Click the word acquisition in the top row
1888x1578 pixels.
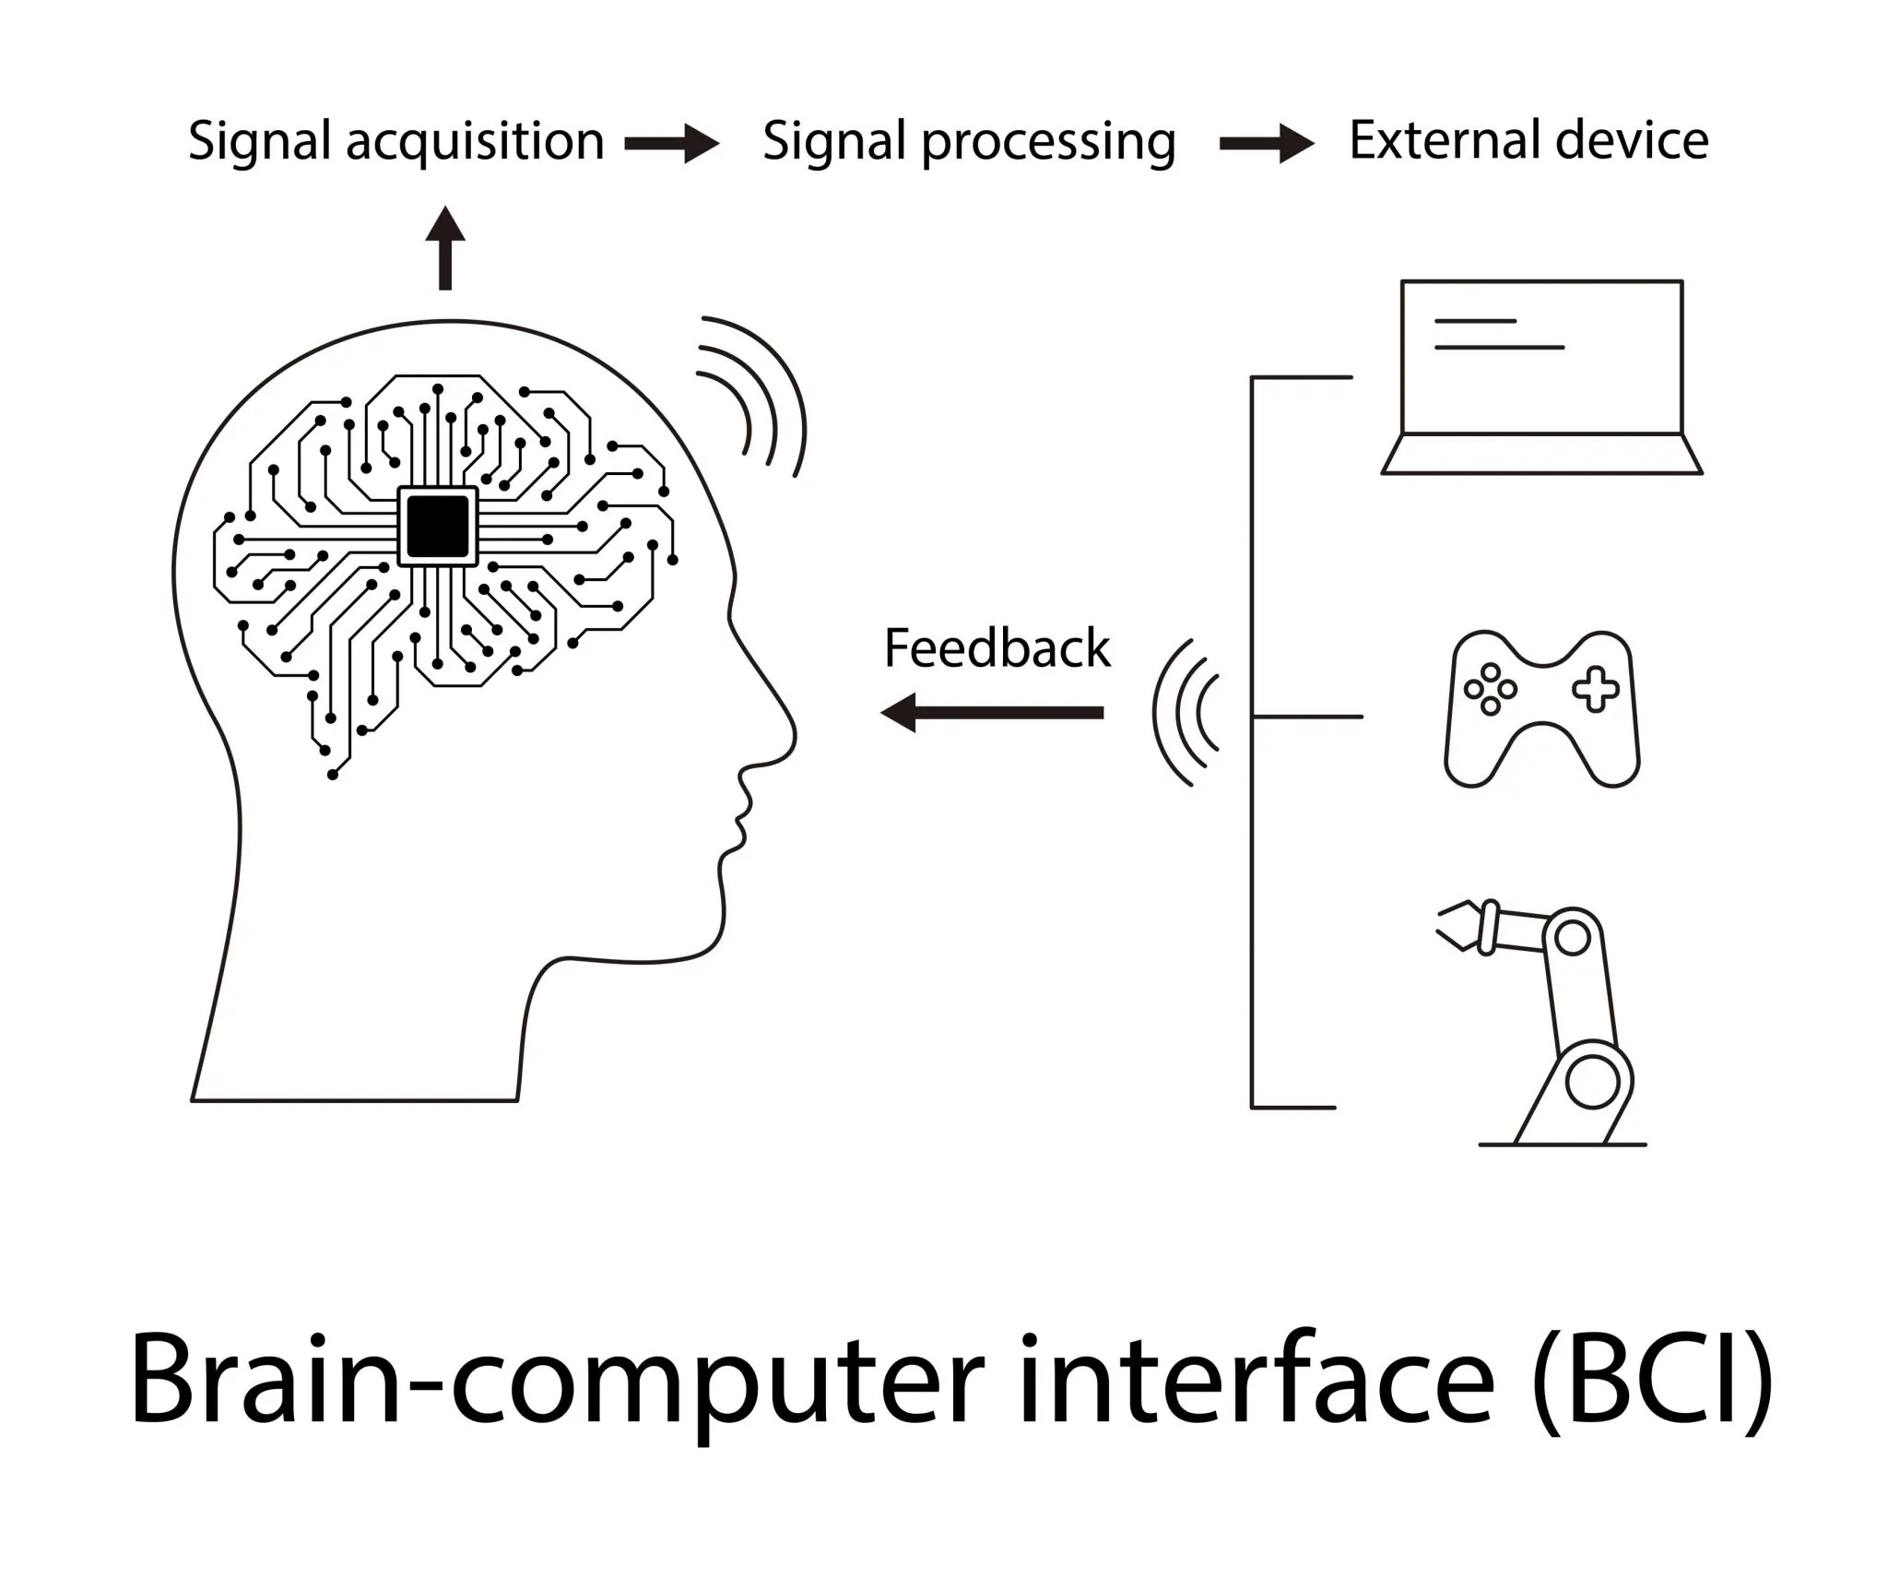(475, 142)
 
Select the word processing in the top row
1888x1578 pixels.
(1048, 144)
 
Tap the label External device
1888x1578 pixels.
(1528, 141)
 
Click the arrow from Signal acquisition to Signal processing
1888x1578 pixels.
(671, 144)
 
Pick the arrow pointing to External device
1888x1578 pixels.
(1267, 144)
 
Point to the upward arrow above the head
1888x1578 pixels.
(445, 247)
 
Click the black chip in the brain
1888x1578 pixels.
(438, 526)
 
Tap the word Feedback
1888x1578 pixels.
(997, 648)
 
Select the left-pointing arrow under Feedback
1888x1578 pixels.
(992, 712)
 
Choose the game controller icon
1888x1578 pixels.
(1541, 708)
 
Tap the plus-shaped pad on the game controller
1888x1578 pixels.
(1596, 691)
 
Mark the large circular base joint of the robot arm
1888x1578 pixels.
(1592, 1082)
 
